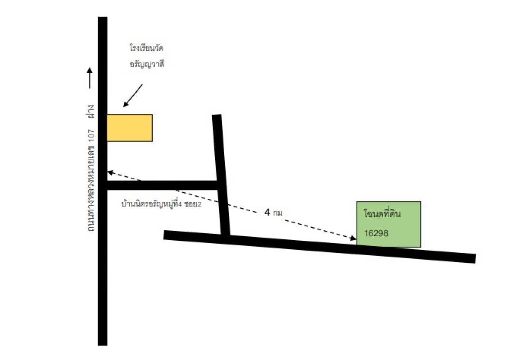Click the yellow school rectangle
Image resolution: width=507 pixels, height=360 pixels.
(130, 128)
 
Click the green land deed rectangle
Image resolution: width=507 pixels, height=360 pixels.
(389, 224)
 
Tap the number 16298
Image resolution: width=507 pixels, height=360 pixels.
(376, 233)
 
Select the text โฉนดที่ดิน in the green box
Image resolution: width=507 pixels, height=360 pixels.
(382, 213)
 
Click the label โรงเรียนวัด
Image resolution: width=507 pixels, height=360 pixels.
(146, 48)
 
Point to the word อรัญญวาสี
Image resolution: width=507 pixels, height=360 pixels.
(147, 64)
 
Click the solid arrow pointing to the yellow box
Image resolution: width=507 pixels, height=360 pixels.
(132, 96)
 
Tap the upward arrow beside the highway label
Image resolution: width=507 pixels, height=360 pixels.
(90, 78)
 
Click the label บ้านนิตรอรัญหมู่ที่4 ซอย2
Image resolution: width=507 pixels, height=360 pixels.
(161, 204)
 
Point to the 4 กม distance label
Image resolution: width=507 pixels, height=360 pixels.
(273, 212)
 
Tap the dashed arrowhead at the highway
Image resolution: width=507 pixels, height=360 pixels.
(110, 172)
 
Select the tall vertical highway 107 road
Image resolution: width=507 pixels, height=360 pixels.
(103, 181)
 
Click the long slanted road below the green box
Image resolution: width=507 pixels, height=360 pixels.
(319, 246)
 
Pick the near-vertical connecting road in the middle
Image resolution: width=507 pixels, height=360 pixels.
(221, 175)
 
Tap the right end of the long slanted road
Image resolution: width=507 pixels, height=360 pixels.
(475, 259)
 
